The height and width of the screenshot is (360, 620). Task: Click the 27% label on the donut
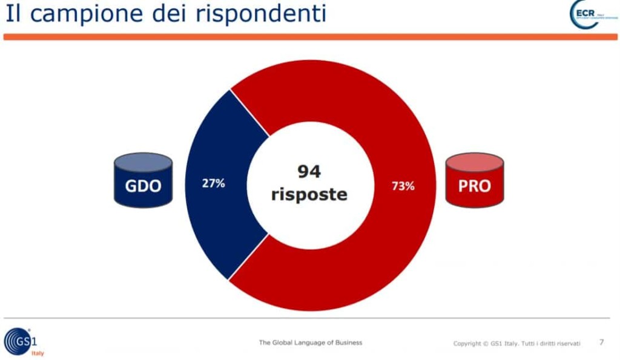pos(213,183)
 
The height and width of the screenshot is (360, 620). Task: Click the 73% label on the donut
pos(403,186)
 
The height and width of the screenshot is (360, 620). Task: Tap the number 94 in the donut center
pos(309,172)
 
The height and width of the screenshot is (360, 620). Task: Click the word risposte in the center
pos(309,195)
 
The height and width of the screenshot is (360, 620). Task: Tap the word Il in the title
pos(13,13)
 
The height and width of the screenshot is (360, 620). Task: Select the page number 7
pos(601,342)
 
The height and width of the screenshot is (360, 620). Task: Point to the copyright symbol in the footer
pos(485,344)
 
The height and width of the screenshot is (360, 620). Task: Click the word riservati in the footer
pos(567,344)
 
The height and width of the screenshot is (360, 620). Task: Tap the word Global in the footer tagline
pos(284,342)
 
